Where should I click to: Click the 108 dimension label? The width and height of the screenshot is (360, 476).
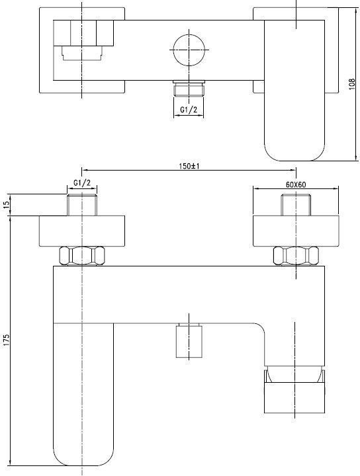tap(352, 84)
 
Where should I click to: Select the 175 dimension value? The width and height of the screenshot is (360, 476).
tap(7, 340)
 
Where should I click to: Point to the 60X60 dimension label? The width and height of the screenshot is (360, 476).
tap(296, 184)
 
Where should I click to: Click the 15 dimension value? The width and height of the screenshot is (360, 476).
tap(7, 205)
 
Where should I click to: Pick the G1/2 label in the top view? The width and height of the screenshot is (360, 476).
tap(189, 110)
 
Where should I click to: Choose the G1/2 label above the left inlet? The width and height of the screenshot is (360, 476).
tap(81, 182)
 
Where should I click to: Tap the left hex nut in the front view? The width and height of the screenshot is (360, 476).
tap(82, 256)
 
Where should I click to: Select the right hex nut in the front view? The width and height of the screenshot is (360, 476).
tap(296, 256)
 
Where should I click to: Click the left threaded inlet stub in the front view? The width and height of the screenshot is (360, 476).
tap(82, 204)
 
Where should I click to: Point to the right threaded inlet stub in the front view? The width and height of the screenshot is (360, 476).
tap(296, 204)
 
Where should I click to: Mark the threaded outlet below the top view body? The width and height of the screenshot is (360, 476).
tap(189, 89)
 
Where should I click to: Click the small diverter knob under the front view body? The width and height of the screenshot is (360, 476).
tap(189, 340)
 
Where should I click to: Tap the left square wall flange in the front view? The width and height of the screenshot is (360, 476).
tap(82, 231)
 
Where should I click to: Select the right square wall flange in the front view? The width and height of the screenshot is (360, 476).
tap(296, 231)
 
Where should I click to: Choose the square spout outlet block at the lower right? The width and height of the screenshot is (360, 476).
tap(294, 397)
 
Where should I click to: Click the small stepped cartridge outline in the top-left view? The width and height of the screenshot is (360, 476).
tap(81, 54)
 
